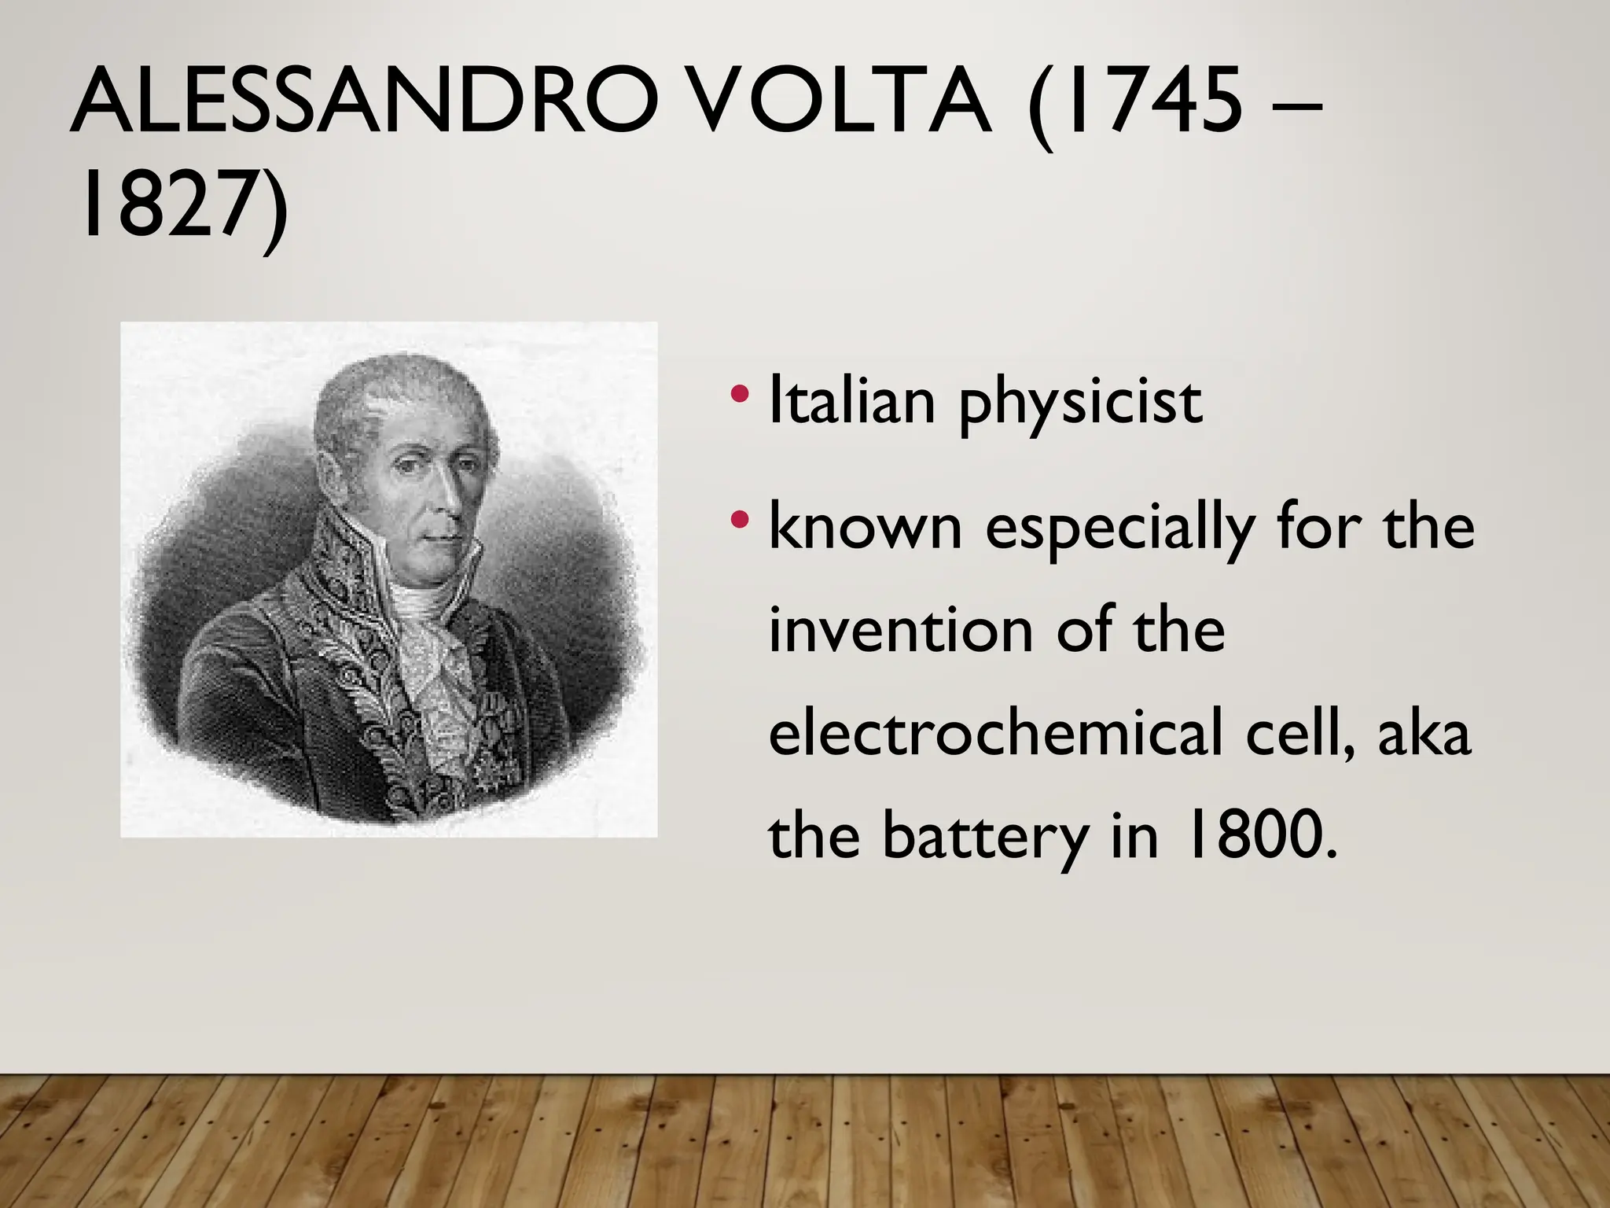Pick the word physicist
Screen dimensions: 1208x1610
[x=1080, y=405]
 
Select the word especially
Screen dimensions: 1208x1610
[x=1119, y=528]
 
